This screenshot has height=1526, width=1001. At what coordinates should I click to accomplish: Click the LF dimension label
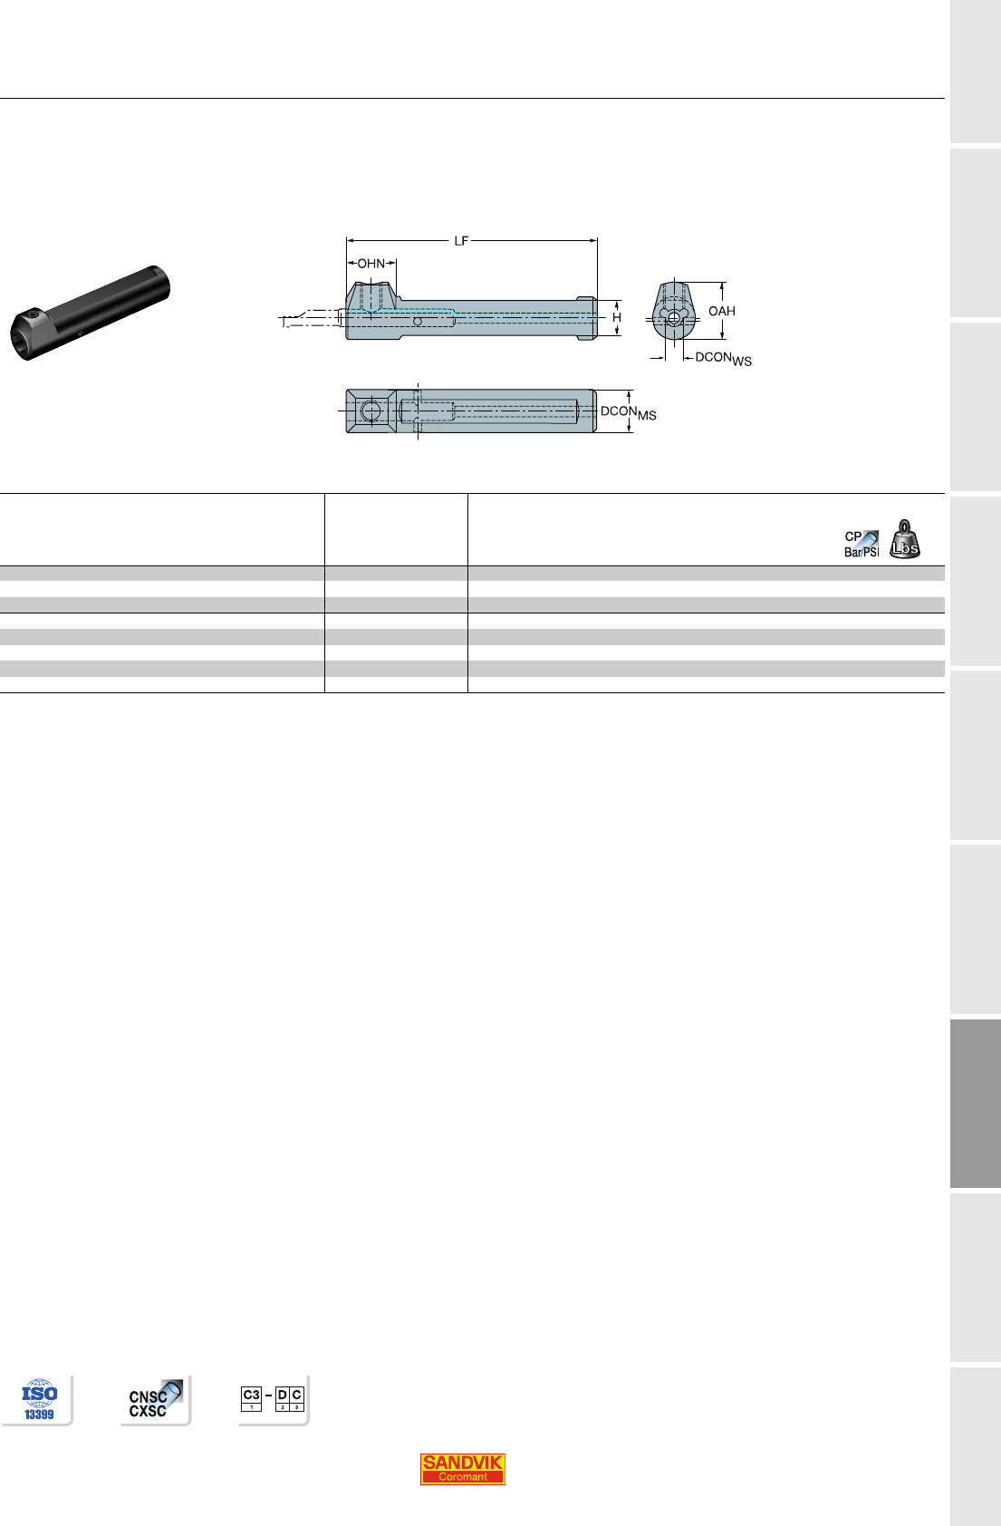pyautogui.click(x=461, y=240)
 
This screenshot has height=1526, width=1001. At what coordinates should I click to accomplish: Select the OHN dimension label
pyautogui.click(x=371, y=263)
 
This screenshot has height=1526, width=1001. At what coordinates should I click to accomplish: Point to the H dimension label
pyautogui.click(x=616, y=317)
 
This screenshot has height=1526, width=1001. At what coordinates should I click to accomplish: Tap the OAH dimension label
pyautogui.click(x=722, y=311)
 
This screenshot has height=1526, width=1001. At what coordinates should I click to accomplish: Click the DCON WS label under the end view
pyautogui.click(x=723, y=359)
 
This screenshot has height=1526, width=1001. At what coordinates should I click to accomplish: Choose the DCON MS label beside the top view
pyautogui.click(x=628, y=413)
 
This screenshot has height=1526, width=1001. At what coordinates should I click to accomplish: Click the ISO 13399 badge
pyautogui.click(x=39, y=1400)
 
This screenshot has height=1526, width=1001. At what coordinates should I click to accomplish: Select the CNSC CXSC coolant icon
pyautogui.click(x=155, y=1400)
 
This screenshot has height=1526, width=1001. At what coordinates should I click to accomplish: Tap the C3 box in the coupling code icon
pyautogui.click(x=251, y=1398)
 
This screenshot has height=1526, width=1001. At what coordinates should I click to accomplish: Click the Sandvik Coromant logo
pyautogui.click(x=462, y=1469)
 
